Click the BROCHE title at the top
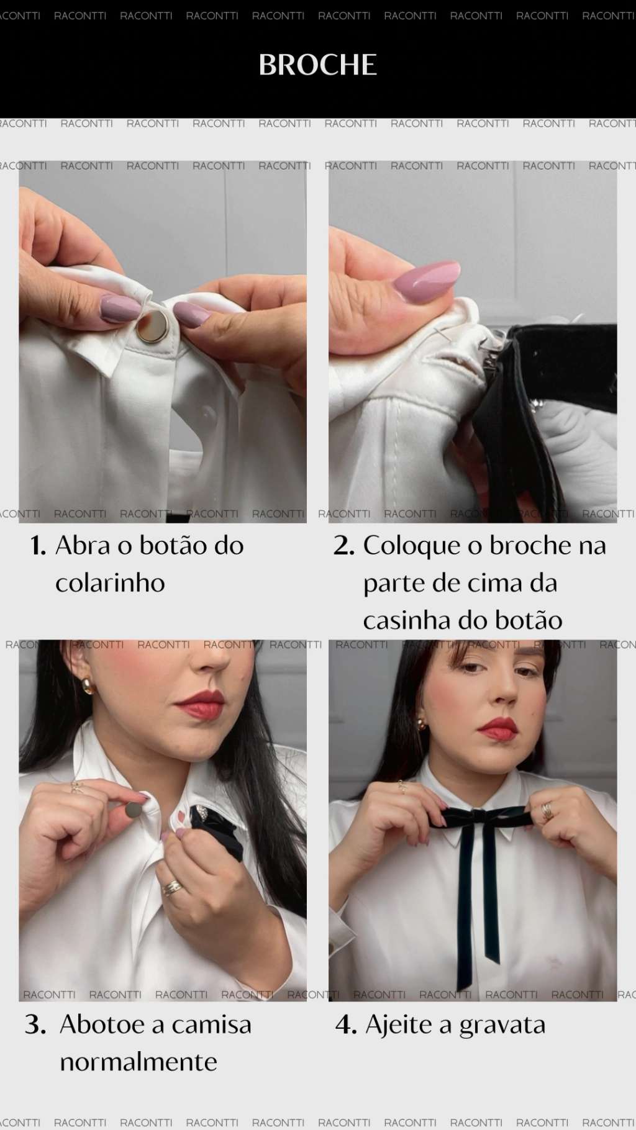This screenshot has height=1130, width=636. [x=317, y=65]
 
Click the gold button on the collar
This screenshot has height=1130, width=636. [x=152, y=328]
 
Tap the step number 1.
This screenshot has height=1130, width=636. [x=38, y=546]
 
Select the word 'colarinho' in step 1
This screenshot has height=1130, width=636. [x=110, y=583]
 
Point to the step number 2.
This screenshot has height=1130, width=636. [x=343, y=546]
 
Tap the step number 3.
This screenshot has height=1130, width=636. [x=35, y=1025]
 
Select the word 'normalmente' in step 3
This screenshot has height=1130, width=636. [x=139, y=1062]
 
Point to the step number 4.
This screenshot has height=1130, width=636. [x=346, y=1025]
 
